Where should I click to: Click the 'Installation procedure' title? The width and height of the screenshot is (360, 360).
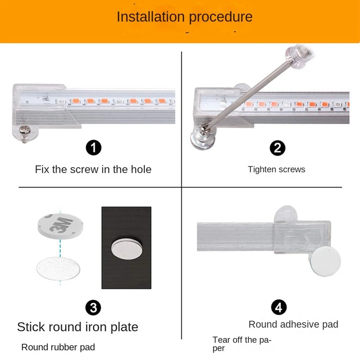184,17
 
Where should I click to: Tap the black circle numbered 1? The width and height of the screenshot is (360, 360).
94,148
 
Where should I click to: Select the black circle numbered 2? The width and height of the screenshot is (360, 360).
277,148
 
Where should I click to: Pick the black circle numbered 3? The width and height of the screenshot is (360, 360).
93,308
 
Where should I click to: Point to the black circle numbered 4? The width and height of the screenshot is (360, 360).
279,307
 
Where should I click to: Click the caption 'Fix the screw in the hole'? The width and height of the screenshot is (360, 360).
93,170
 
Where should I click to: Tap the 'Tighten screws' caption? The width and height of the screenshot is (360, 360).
276,170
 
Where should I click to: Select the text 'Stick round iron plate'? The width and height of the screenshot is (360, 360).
77,327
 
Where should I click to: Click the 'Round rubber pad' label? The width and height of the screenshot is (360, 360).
58,347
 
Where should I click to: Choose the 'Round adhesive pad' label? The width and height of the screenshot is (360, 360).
293,324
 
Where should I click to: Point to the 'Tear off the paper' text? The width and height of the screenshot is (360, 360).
242,344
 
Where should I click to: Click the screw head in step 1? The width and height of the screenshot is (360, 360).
25,131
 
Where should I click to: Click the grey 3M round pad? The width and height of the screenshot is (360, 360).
60,226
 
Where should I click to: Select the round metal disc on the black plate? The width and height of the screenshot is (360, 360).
126,249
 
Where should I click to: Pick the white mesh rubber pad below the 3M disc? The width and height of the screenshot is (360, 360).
58,269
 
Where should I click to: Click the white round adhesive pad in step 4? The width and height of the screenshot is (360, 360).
326,261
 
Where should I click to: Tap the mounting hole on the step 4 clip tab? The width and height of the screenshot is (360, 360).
287,215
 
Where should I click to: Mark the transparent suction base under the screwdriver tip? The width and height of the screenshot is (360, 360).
203,139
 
